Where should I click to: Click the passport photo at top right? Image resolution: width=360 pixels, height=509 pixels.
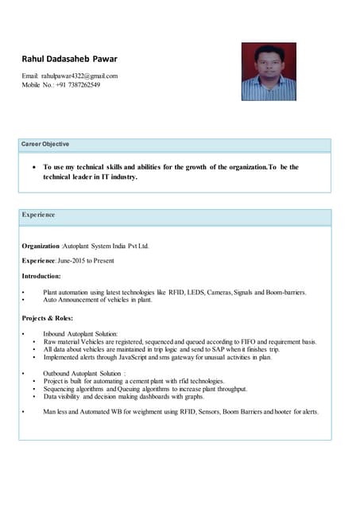point(268,72)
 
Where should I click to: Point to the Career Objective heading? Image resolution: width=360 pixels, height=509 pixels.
point(45,144)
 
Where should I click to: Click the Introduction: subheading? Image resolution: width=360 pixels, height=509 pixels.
point(41,276)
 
